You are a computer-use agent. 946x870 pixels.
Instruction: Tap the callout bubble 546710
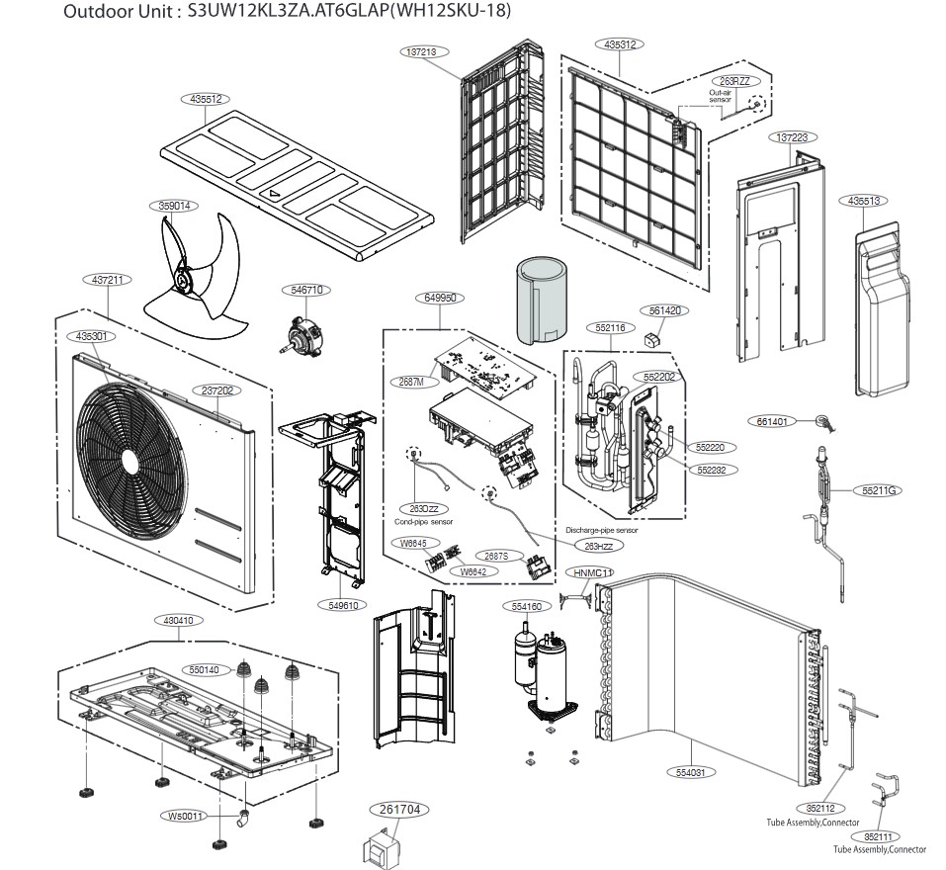(306, 290)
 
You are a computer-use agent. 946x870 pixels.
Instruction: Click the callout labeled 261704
(400, 809)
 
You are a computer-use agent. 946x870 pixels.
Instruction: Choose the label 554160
(527, 606)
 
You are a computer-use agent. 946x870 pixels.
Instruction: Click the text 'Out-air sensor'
(720, 96)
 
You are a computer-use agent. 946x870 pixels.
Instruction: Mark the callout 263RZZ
(733, 80)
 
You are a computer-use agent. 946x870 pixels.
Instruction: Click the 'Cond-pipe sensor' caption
(424, 521)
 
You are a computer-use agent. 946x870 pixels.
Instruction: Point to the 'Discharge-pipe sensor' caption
(602, 531)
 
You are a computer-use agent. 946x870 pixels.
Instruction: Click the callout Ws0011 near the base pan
(186, 816)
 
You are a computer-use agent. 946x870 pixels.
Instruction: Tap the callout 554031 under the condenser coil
(690, 772)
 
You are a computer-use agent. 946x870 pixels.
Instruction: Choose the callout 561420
(665, 310)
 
